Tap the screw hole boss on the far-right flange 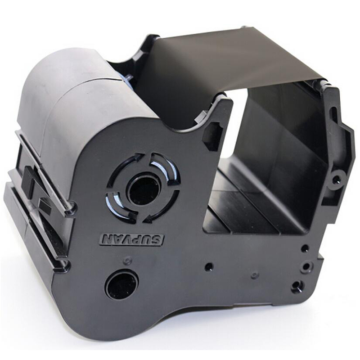(x=336, y=178)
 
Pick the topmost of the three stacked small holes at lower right (x=305, y=248)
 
